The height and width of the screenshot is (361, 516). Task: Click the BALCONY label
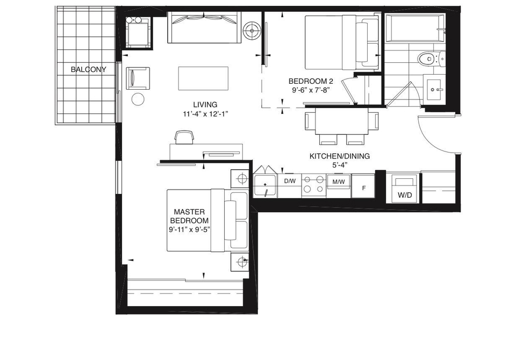pyautogui.click(x=89, y=69)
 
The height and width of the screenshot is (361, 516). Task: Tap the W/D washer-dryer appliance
pyautogui.click(x=404, y=189)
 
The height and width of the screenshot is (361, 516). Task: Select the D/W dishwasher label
pyautogui.click(x=290, y=181)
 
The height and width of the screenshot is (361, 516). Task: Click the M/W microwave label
pyautogui.click(x=339, y=182)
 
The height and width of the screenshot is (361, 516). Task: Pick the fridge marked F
pyautogui.click(x=363, y=186)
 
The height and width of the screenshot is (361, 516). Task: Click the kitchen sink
pyautogui.click(x=265, y=186)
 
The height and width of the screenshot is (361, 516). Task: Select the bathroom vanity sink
pyautogui.click(x=434, y=88)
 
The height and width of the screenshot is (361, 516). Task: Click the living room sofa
pyautogui.click(x=204, y=27)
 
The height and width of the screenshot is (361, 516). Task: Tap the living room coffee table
pyautogui.click(x=203, y=78)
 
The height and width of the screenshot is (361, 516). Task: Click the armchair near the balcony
pyautogui.click(x=138, y=78)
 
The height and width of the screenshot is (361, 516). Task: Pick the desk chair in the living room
pyautogui.click(x=184, y=137)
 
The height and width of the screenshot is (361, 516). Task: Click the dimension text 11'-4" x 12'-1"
pyautogui.click(x=205, y=114)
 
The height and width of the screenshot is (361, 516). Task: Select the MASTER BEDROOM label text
pyautogui.click(x=189, y=216)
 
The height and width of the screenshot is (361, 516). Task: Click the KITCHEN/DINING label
pyautogui.click(x=340, y=156)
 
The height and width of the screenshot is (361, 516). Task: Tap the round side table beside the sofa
pyautogui.click(x=252, y=31)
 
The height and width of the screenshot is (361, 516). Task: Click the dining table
pyautogui.click(x=342, y=121)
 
